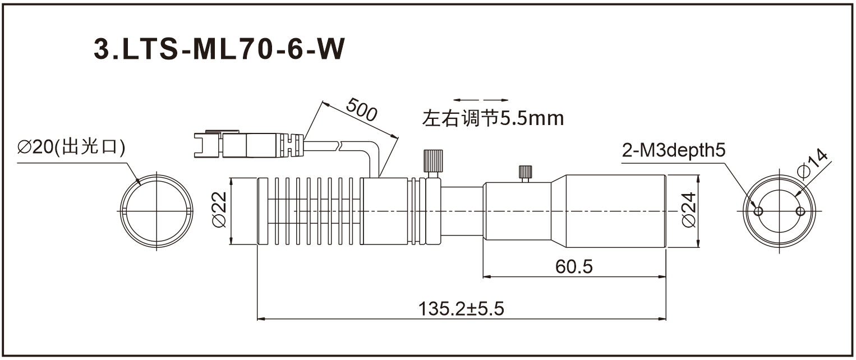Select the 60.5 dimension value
[574, 266]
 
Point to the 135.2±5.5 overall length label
[462, 309]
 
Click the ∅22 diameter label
[219, 210]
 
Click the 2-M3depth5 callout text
[674, 150]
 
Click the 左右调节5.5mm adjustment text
[493, 118]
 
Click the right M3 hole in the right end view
[800, 211]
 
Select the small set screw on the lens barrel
[526, 173]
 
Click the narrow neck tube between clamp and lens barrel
[462, 211]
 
